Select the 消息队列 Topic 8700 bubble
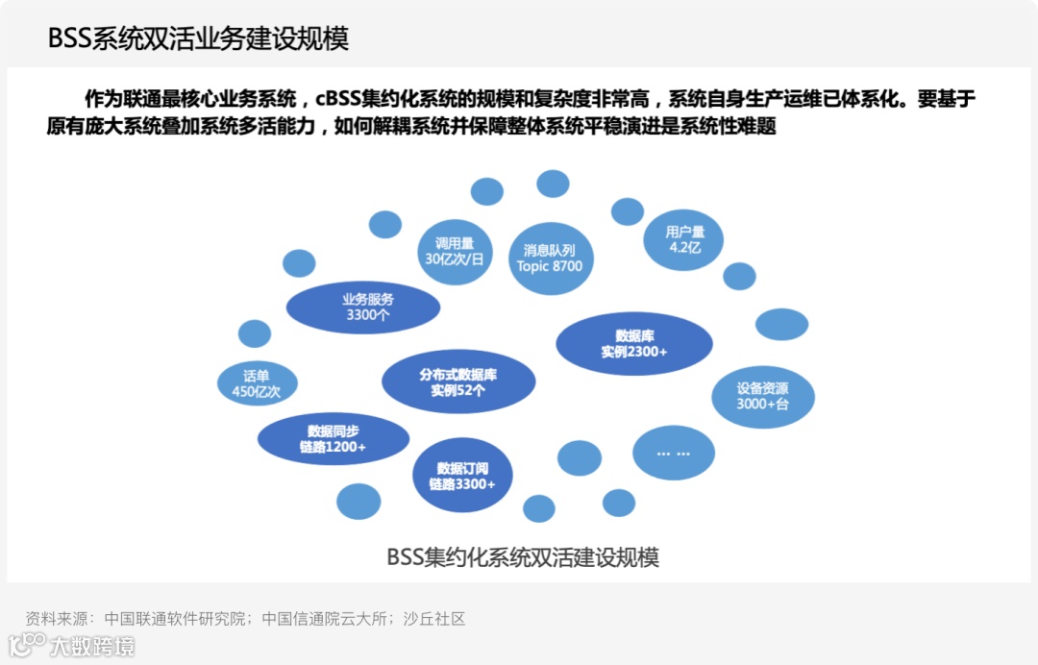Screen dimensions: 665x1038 [550, 258]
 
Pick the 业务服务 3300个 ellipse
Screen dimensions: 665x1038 [363, 307]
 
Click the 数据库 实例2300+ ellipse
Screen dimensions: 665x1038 [634, 344]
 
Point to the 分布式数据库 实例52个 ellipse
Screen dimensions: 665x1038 [457, 382]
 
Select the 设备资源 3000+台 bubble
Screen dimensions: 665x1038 [762, 396]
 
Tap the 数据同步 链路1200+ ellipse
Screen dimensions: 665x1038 [327, 439]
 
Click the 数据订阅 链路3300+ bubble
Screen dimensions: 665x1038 [462, 476]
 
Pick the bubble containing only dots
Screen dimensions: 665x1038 [674, 453]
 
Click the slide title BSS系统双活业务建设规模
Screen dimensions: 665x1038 [198, 38]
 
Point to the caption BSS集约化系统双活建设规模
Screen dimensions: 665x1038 [522, 557]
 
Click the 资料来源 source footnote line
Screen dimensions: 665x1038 [245, 619]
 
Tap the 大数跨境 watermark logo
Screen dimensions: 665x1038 [72, 645]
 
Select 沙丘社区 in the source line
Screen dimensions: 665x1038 [433, 619]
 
